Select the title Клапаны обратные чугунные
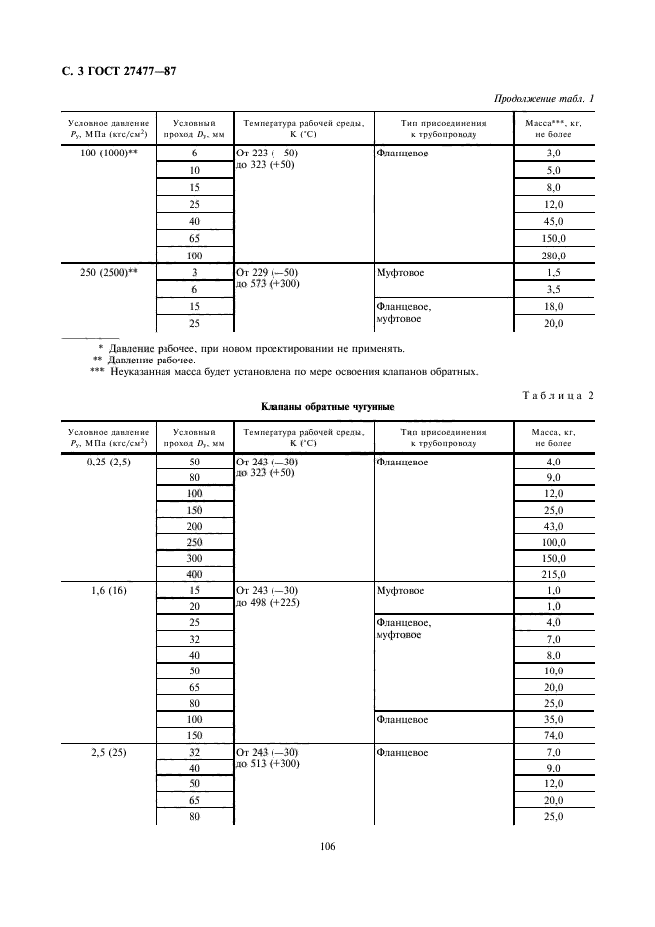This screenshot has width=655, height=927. tap(328, 407)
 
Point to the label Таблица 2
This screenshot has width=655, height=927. tap(557, 395)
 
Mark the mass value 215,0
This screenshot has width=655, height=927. tap(554, 574)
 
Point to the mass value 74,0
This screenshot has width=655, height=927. tap(554, 735)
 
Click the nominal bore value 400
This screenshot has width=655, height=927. tap(194, 574)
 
